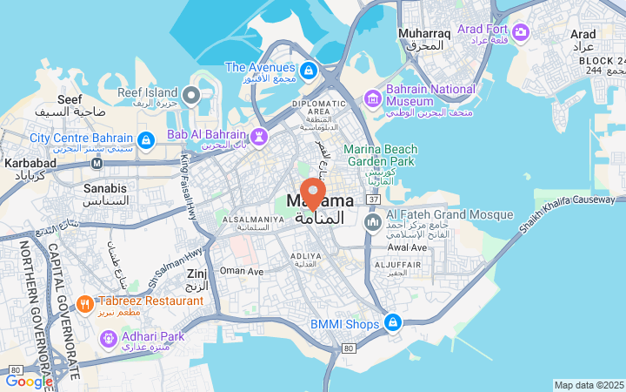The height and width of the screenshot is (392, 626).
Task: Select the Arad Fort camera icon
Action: point(521,32)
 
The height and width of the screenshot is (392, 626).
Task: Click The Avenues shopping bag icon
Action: point(309,69)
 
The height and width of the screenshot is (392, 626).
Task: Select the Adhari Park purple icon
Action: point(108,336)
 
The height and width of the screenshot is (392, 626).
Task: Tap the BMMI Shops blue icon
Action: point(393,323)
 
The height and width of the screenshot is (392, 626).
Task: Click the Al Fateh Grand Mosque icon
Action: point(373,223)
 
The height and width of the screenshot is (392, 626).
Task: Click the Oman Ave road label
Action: point(241,271)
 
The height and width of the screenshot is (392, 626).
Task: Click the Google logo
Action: point(29,381)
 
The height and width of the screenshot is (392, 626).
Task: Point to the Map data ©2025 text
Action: point(589,385)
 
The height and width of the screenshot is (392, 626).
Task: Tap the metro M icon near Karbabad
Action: point(97,162)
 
